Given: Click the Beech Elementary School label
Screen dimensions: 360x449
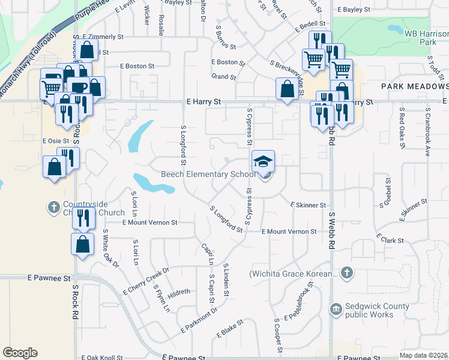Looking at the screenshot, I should pos(208,175).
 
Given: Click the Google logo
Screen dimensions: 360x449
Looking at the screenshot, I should pos(20,352).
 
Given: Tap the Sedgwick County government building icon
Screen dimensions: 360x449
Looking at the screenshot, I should pos(336,310).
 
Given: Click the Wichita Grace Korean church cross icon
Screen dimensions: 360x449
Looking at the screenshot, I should pos(346,274).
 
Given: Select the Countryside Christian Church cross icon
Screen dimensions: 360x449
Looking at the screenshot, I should pos(53,208).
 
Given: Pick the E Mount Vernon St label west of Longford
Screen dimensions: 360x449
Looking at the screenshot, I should pos(149,222).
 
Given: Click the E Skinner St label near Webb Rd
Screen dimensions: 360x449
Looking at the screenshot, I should pos(307,205).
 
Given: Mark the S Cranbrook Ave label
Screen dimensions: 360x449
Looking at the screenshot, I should pos(428,132).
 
